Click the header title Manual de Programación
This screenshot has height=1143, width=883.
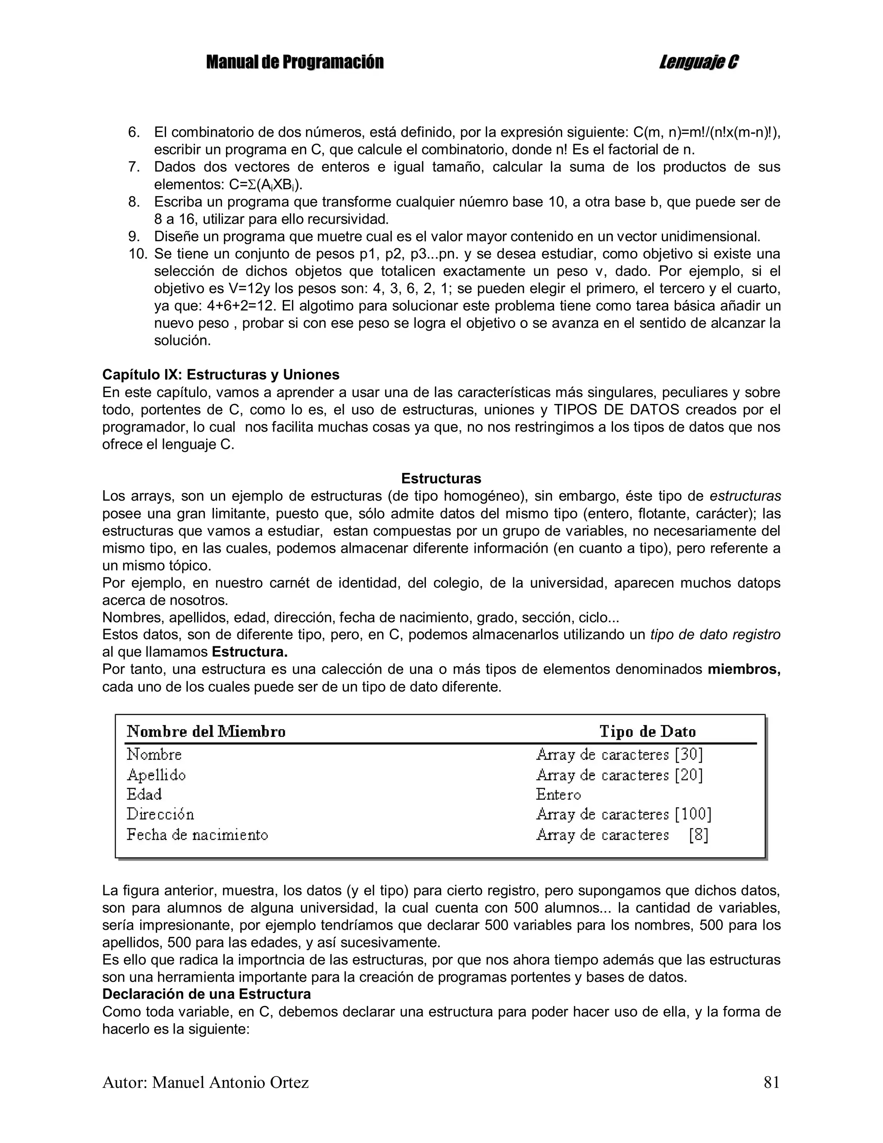(x=294, y=62)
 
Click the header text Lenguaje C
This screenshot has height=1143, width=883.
(x=699, y=62)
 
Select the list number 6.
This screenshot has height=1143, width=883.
(x=134, y=132)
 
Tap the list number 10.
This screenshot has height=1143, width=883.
(x=138, y=254)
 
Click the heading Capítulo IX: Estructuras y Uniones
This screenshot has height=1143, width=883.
(x=220, y=375)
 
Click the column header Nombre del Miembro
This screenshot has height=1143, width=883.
(x=206, y=731)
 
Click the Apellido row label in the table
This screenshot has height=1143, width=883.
(x=156, y=774)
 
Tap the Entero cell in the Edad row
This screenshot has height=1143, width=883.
(x=558, y=795)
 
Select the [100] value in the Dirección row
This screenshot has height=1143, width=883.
(x=693, y=814)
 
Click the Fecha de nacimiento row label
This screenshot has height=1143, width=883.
(x=197, y=834)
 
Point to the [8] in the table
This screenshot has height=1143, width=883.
(x=698, y=834)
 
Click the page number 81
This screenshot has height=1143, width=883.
(x=771, y=1082)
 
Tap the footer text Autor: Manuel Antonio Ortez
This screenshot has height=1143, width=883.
(x=205, y=1082)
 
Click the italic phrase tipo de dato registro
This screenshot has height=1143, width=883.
(x=715, y=635)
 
